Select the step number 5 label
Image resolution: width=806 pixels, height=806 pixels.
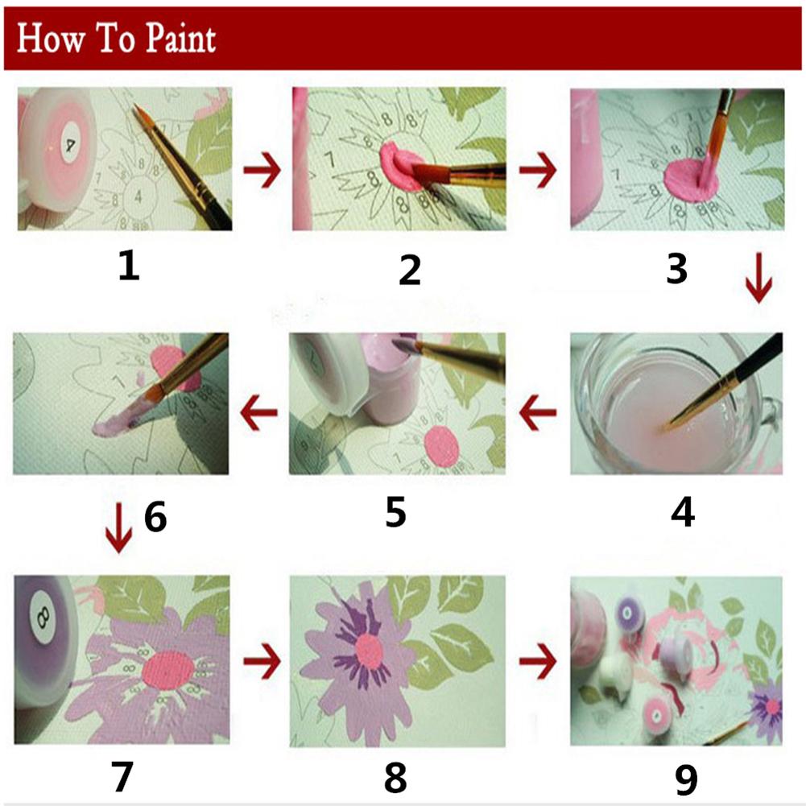click(395, 512)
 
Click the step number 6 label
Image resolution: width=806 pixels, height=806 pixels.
click(155, 517)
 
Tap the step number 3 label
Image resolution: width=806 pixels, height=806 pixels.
click(676, 269)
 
